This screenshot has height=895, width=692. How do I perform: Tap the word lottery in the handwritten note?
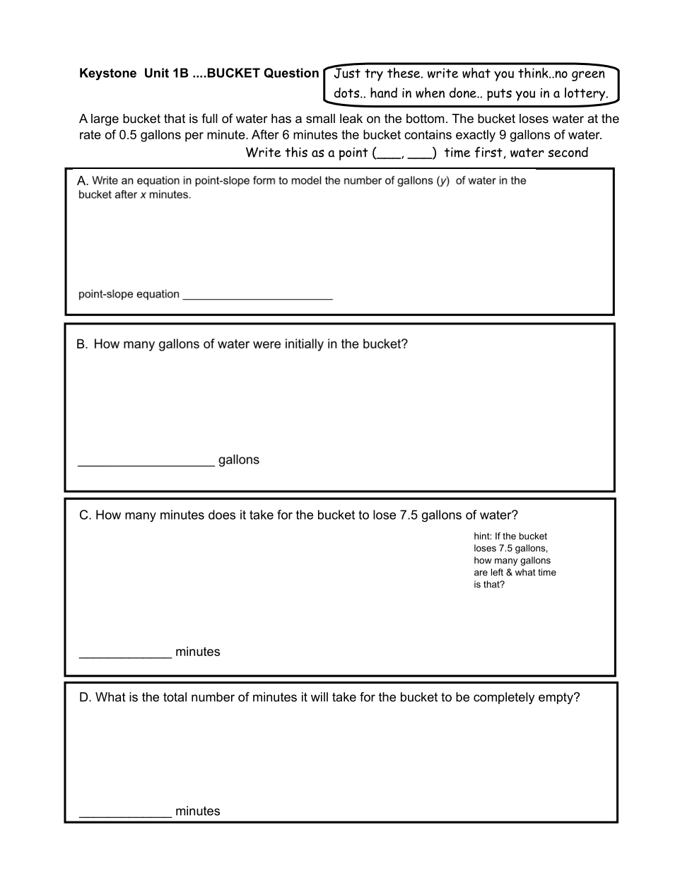[585, 93]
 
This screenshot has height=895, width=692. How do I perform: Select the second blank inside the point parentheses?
[420, 155]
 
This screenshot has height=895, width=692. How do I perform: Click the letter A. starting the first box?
[83, 182]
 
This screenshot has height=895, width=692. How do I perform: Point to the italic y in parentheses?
[443, 181]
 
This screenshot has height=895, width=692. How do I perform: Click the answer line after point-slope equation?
[257, 296]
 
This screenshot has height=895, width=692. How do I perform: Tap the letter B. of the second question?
[82, 344]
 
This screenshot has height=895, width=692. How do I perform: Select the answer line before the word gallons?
[146, 463]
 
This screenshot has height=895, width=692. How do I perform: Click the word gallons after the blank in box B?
[239, 460]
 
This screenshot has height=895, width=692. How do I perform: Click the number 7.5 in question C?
[409, 515]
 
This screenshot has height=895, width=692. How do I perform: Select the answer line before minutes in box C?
[125, 655]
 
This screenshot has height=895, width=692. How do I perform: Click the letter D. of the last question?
[86, 698]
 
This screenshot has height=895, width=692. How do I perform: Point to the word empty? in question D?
[558, 698]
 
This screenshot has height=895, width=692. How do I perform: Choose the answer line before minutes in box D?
[125, 814]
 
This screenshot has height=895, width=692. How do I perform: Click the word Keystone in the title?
[107, 74]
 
